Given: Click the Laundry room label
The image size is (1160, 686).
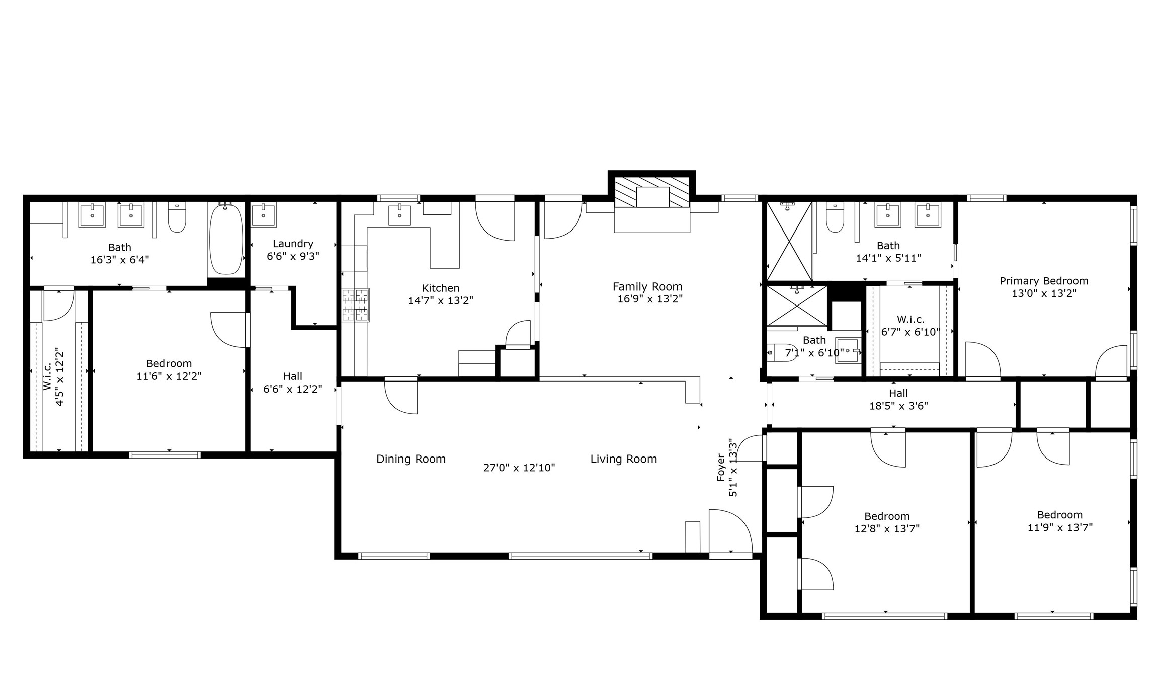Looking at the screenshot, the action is coord(293,244).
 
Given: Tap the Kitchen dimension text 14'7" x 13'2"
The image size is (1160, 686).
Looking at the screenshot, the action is coord(441,301).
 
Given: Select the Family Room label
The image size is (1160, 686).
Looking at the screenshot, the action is coord(647,287).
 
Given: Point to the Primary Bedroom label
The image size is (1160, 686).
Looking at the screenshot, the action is coord(1044,281).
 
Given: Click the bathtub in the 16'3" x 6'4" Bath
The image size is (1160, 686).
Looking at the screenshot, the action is coord(226,239).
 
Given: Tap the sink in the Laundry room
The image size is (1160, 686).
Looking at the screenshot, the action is coord(263,215).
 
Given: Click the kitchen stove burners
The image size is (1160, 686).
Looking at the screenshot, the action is coord(356,305).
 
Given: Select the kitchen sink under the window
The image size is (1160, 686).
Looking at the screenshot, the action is coord(399,215).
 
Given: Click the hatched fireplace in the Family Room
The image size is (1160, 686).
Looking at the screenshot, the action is coord(652,192).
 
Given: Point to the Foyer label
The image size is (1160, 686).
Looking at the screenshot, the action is coord(721,468).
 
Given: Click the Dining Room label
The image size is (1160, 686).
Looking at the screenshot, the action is coord(411,459).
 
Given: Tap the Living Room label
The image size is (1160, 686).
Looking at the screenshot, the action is coord(624,459).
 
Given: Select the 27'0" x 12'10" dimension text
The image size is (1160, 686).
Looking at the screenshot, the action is coord(519,468).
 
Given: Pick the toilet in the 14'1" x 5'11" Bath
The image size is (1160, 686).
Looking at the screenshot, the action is coord(835,217).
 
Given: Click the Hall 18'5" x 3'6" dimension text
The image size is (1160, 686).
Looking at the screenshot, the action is coord(898,406).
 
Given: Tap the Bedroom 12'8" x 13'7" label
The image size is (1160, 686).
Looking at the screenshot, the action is coord(887,516).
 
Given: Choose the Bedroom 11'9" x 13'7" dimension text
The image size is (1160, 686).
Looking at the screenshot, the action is coord(1060,527).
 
